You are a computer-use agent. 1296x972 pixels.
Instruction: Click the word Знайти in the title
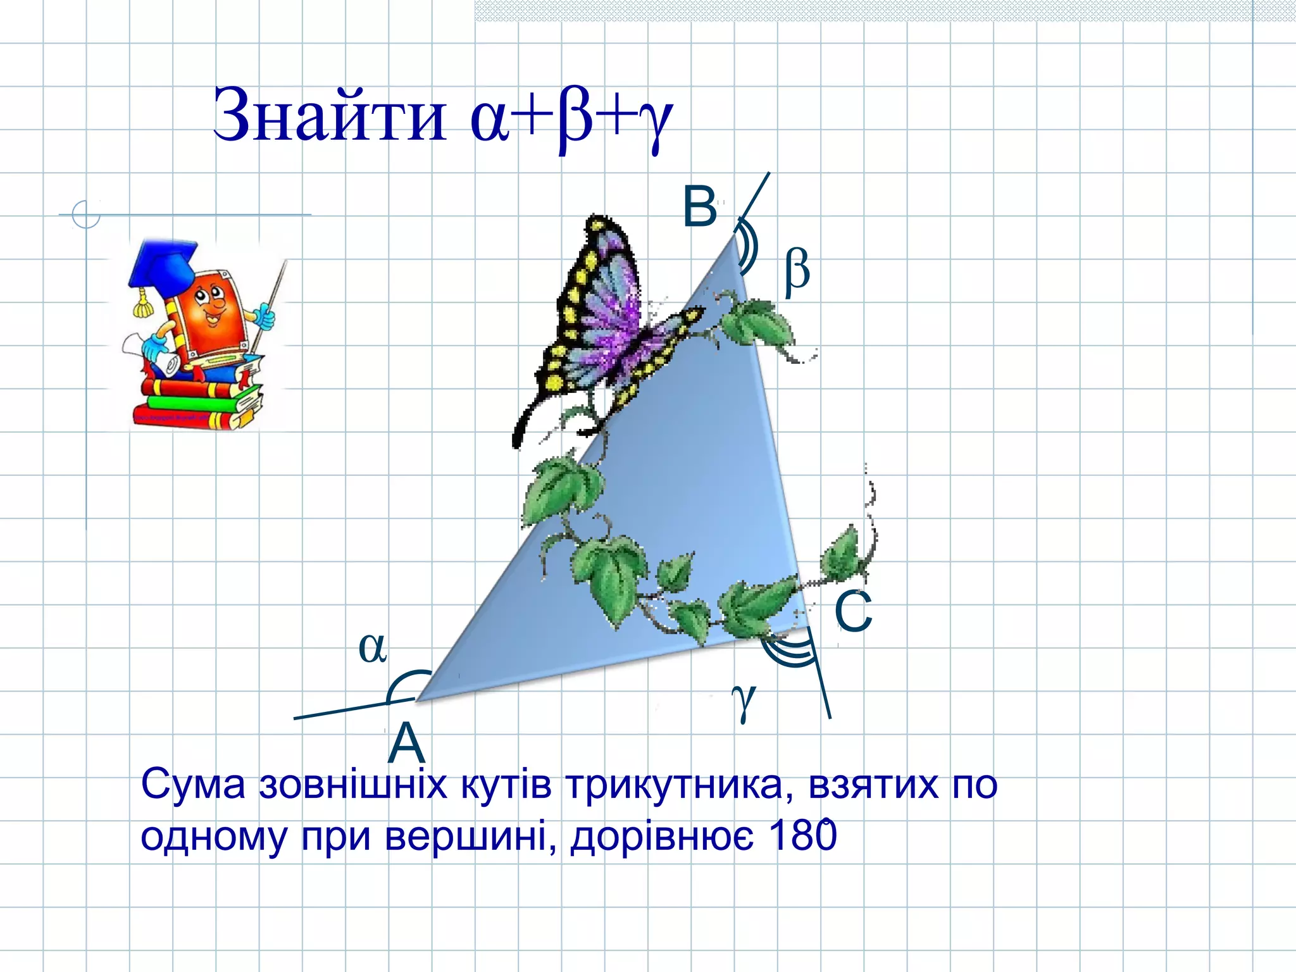coord(329,115)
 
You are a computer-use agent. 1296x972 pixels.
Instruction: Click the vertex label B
coord(700,207)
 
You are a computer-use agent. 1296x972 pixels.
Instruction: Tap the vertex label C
coord(853,611)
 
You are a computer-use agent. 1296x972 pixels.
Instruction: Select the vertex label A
coord(406,744)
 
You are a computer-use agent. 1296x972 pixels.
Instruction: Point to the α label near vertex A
coord(372,647)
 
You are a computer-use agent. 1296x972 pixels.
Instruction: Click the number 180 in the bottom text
coord(802,835)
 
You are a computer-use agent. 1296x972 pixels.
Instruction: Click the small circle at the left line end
coord(86,214)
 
